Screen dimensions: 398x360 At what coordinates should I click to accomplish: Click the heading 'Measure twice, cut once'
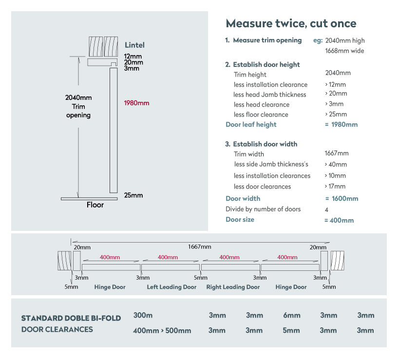291,23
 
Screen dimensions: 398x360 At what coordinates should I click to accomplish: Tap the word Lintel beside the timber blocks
134,45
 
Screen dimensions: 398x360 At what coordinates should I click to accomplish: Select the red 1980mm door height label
136,103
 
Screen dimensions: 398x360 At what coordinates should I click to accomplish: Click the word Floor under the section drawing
95,205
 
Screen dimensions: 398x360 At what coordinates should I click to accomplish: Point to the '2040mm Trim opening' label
78,106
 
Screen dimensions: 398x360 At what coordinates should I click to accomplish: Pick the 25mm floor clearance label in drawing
133,195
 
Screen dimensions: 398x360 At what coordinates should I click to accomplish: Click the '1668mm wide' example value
344,51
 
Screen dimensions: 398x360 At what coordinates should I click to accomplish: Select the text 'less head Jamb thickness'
269,95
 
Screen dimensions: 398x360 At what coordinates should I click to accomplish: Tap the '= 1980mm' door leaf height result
341,124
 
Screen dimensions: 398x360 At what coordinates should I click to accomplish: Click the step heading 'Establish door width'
265,144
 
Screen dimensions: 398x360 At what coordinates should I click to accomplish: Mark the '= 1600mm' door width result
341,199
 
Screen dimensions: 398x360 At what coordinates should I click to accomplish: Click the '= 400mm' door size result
339,220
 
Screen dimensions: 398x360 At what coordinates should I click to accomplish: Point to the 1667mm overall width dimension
200,246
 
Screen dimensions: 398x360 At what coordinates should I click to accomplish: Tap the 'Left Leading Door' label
171,287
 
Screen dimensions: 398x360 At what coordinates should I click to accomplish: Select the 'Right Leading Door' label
233,287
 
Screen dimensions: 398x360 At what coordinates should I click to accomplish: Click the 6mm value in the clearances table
292,315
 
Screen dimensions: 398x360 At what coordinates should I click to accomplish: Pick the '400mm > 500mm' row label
162,331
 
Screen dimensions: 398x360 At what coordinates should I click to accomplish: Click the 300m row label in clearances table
143,315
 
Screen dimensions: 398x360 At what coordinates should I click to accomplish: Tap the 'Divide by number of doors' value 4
326,209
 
